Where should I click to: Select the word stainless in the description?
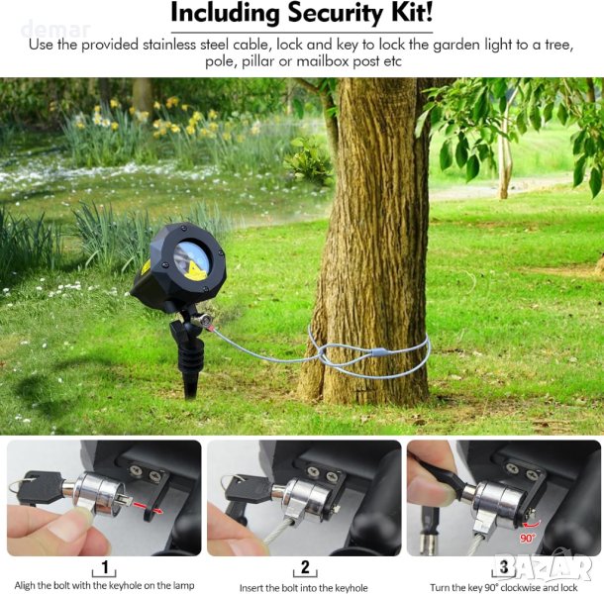click(x=167, y=45)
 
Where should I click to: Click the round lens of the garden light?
click(x=191, y=257)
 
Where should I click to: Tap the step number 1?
click(x=105, y=566)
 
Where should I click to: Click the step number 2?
click(x=305, y=567)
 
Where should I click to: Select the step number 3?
click(x=504, y=566)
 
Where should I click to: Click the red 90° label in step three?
click(x=527, y=538)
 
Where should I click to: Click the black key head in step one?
click(x=40, y=487)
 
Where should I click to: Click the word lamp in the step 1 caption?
click(x=184, y=585)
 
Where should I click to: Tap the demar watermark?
click(x=56, y=30)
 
